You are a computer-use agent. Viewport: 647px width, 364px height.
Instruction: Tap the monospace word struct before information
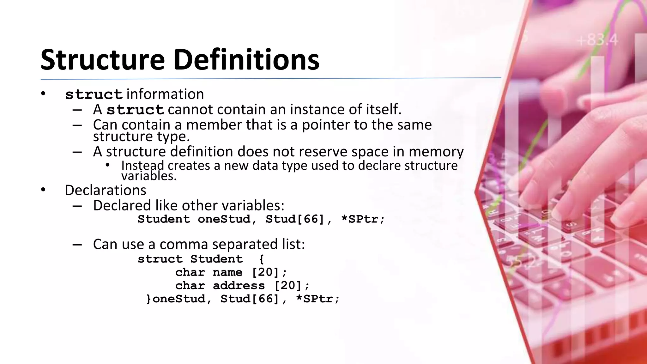tap(94, 94)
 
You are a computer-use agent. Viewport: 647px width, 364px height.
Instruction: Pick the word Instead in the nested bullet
tap(142, 165)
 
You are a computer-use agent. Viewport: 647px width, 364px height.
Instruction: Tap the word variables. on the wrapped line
tap(149, 176)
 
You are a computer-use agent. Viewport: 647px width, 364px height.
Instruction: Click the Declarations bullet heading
tap(106, 190)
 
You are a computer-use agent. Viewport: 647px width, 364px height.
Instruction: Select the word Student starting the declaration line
tap(164, 219)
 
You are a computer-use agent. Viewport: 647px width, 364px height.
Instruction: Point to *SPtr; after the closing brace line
tap(317, 299)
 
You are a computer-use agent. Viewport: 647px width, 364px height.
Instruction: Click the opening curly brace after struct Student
tap(261, 259)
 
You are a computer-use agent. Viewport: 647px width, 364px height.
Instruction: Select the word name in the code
tap(227, 272)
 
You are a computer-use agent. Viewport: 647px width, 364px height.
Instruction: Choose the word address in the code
tap(239, 285)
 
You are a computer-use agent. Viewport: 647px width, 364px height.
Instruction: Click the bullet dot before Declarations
tap(43, 190)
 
